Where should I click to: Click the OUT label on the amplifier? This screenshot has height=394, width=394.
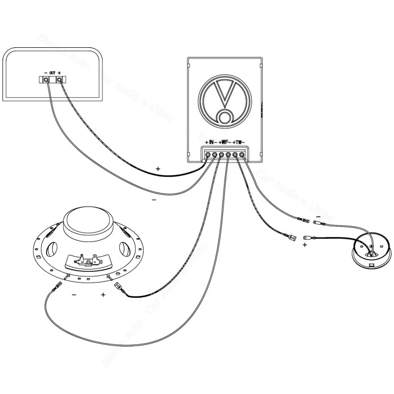(x=52, y=73)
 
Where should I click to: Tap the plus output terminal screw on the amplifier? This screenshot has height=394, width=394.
(x=59, y=81)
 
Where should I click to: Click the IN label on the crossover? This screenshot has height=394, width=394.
(x=212, y=142)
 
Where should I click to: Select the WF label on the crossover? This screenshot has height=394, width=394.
(x=225, y=142)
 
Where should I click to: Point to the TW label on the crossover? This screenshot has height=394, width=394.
(x=239, y=142)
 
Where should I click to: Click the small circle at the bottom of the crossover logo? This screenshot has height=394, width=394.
(x=225, y=117)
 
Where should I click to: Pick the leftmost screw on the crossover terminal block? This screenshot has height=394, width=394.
(x=208, y=154)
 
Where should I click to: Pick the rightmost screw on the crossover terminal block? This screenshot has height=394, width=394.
(x=242, y=154)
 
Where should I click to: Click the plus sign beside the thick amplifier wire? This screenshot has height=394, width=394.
(x=158, y=168)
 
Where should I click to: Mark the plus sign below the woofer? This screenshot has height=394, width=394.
(x=103, y=294)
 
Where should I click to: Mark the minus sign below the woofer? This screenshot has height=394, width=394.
(x=74, y=294)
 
